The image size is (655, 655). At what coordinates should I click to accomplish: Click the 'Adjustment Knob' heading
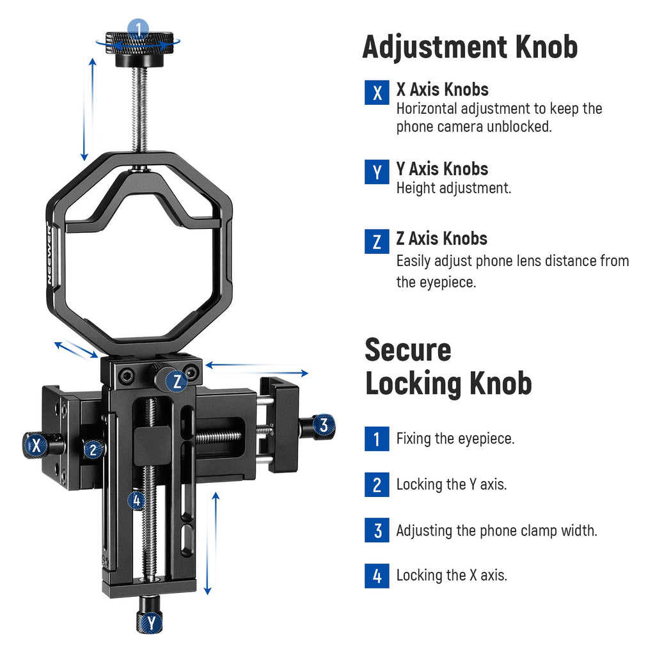coord(470,47)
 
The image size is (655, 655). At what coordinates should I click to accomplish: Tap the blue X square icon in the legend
coord(377,92)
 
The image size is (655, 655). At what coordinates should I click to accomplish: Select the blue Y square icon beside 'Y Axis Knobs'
coord(377,171)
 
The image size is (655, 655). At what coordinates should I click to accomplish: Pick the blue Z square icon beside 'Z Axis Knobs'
coord(377,241)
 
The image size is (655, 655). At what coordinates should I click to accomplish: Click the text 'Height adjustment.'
coord(454,188)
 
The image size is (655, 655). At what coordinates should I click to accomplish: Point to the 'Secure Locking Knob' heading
coord(448,367)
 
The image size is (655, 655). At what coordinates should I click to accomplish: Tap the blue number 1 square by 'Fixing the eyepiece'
coord(377,439)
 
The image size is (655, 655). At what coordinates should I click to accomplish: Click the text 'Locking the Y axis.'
coord(452,485)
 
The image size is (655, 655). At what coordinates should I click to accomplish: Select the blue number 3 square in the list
coord(377,530)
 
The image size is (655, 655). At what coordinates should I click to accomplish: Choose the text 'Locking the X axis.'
coord(452,575)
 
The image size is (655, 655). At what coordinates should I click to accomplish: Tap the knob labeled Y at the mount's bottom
coord(149,614)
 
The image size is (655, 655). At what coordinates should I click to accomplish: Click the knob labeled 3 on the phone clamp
coord(317,427)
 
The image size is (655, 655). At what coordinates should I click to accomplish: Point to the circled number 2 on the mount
coord(93,450)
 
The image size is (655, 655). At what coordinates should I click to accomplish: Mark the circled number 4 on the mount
coord(136,500)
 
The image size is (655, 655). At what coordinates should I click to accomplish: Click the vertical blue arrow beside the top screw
coord(88,109)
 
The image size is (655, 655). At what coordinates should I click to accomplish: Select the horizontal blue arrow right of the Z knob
coord(257,369)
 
